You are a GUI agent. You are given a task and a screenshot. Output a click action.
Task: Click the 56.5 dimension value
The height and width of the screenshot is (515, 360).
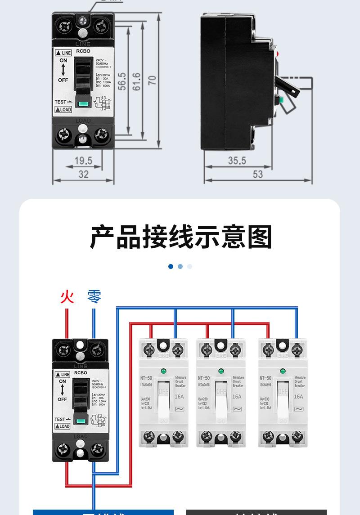point(122,81)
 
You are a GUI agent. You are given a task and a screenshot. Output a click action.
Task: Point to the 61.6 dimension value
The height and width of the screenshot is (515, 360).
point(137,81)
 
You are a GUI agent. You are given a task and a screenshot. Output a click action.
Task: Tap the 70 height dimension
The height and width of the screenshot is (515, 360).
point(152,80)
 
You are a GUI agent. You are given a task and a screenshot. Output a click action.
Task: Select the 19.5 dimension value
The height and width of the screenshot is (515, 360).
point(83,161)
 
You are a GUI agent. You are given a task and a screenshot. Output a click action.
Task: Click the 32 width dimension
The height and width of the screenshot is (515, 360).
point(84,174)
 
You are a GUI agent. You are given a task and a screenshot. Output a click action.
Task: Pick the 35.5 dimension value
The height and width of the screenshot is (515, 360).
point(237,161)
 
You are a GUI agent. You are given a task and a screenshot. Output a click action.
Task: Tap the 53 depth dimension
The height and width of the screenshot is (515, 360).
point(257,174)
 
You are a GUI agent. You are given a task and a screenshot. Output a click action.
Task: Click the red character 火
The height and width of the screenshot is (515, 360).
point(67,297)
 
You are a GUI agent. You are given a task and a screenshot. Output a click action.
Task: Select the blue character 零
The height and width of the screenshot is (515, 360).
point(94,297)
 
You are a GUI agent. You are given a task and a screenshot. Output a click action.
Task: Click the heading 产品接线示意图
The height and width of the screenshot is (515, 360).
point(181,237)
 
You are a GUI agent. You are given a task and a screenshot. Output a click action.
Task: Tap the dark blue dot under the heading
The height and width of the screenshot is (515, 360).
point(171,266)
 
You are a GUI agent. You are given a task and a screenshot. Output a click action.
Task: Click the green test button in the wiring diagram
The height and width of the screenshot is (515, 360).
point(81,421)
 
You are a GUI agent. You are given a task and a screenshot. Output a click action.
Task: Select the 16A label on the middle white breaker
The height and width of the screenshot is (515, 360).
point(237,397)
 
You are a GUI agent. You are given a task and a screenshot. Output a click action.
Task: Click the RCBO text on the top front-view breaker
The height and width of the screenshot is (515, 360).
point(83,51)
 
